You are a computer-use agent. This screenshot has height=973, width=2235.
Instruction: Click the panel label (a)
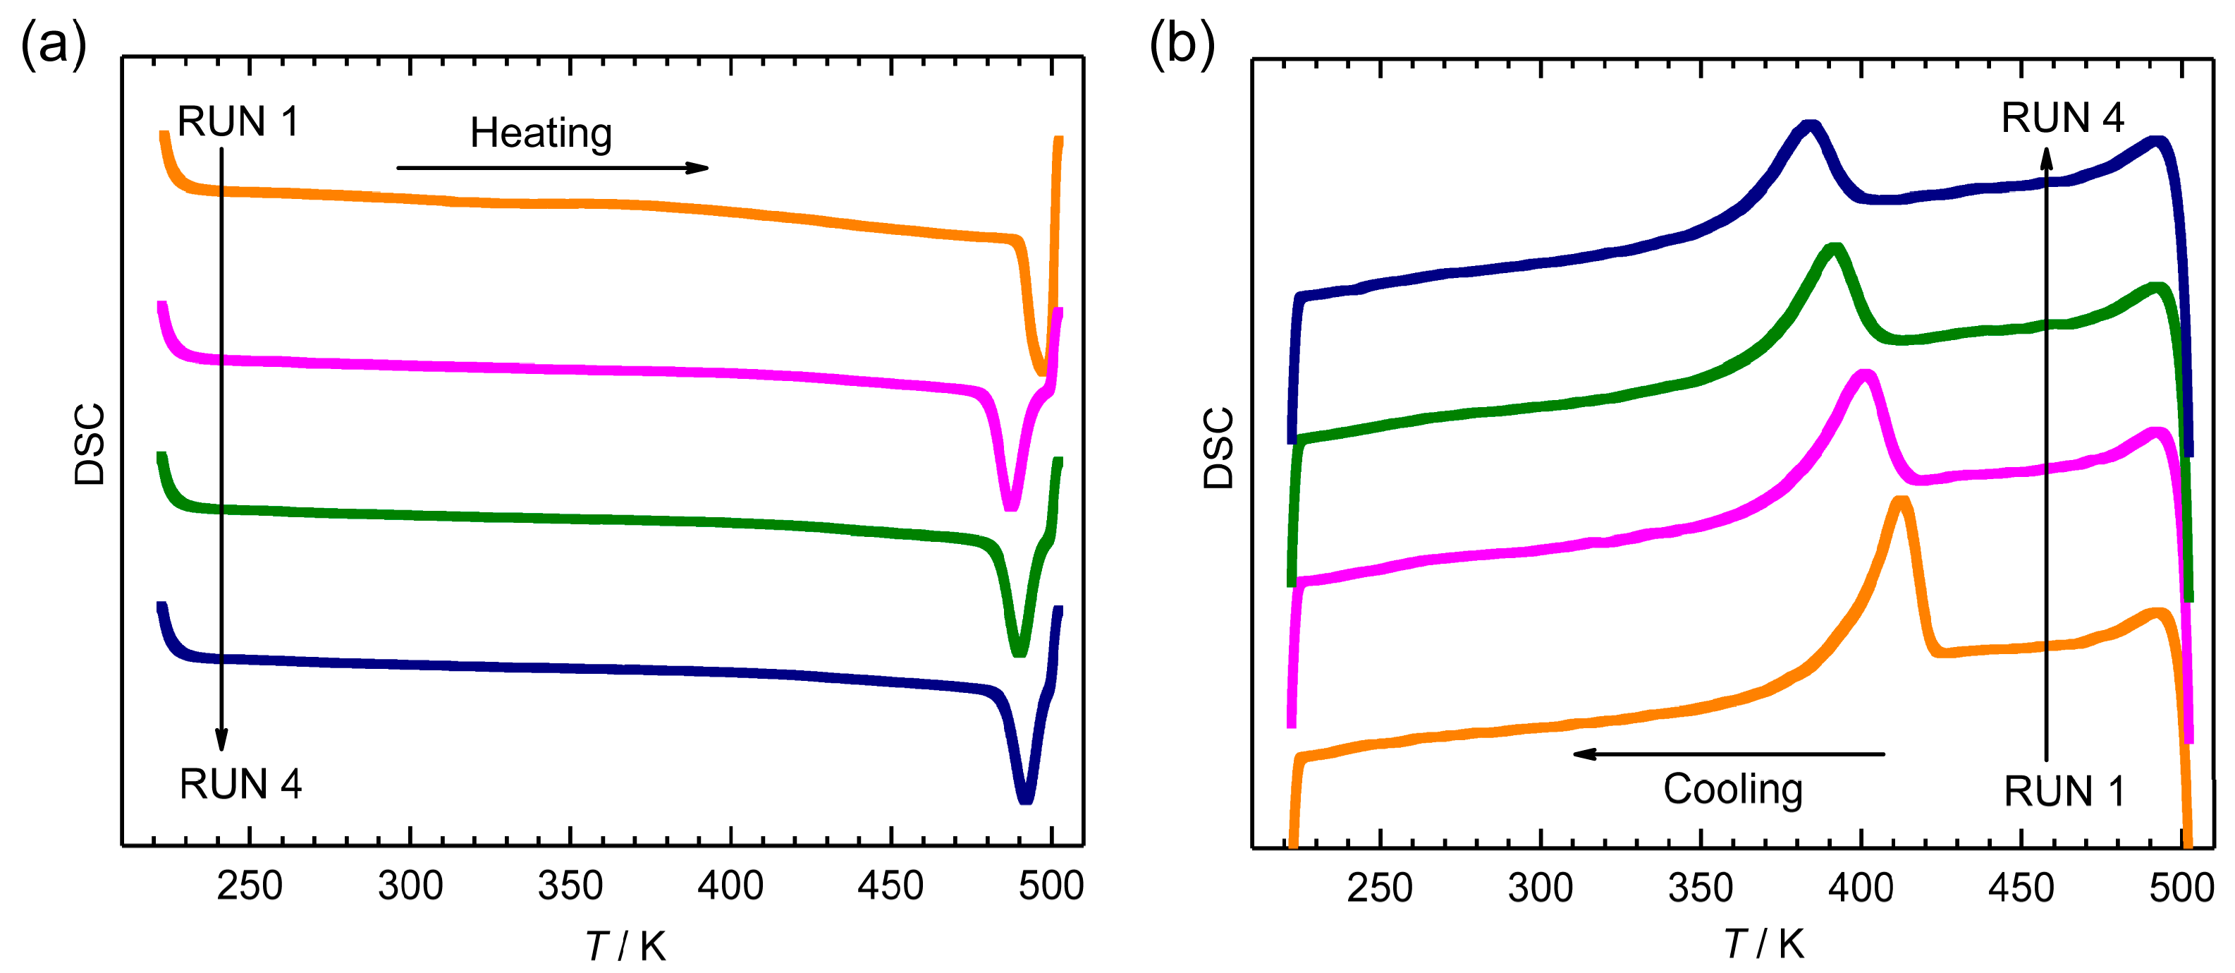[54, 44]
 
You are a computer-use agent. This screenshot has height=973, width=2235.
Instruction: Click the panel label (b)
[1182, 44]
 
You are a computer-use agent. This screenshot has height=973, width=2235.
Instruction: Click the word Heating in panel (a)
[541, 133]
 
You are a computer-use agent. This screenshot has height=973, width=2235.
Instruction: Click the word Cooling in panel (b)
[1732, 789]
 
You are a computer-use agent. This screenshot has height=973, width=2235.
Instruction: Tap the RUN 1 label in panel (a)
[238, 121]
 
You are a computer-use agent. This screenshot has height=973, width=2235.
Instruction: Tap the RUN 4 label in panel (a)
[240, 785]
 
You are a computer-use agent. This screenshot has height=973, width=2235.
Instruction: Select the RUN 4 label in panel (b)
[2062, 118]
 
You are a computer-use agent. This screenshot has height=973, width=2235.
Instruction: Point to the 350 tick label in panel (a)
[570, 886]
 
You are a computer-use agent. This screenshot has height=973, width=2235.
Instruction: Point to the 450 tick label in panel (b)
[2021, 888]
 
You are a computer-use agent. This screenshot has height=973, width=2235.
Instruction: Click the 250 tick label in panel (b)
[1380, 888]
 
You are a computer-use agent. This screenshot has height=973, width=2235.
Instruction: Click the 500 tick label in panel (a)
[1051, 886]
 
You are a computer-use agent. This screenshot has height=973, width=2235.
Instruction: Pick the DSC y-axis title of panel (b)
[1218, 448]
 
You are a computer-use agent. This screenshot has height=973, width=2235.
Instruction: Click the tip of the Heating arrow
[706, 167]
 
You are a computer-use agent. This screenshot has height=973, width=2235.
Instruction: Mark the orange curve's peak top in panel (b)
[1900, 502]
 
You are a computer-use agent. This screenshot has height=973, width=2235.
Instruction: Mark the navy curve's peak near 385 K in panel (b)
[1810, 126]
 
